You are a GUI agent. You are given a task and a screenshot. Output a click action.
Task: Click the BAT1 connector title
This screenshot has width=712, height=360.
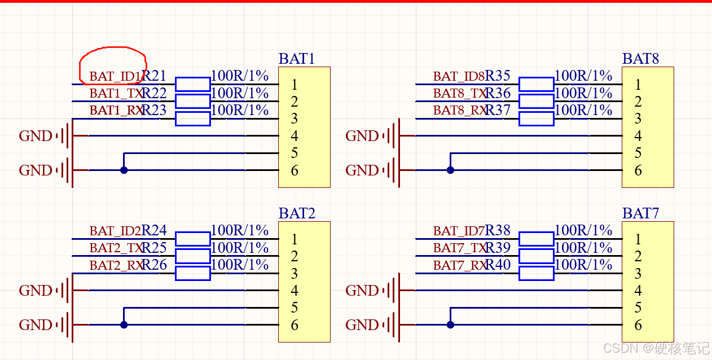(296, 59)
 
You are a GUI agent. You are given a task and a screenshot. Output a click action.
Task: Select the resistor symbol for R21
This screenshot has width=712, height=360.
(192, 84)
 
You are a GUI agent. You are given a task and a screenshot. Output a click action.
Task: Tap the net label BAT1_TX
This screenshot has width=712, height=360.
(116, 93)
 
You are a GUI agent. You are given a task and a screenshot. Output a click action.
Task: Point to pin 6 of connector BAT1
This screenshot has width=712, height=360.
(294, 170)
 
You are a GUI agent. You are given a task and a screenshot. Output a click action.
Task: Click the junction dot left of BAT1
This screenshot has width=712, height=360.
(124, 170)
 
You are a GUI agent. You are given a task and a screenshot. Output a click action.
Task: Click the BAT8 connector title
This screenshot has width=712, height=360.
(640, 59)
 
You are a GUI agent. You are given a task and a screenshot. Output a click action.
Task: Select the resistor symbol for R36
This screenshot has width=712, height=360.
(536, 101)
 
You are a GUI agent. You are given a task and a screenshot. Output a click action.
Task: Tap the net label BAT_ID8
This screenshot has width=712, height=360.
(459, 76)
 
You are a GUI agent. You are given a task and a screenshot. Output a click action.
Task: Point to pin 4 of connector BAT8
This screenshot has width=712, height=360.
(638, 136)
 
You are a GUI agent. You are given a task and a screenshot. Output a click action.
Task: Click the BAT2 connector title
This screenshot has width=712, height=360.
(296, 213)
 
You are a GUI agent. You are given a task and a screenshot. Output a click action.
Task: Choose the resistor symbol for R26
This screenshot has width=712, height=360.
(192, 273)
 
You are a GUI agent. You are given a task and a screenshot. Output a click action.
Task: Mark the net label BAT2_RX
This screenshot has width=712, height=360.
(116, 265)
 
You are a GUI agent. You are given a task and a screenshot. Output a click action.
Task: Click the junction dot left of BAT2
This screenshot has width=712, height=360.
(124, 324)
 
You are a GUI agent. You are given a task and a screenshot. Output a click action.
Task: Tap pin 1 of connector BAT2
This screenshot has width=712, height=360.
(294, 239)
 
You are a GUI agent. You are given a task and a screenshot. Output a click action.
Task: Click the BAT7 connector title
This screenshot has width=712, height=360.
(640, 213)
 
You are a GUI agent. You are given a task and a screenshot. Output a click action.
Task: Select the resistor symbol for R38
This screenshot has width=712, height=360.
(536, 239)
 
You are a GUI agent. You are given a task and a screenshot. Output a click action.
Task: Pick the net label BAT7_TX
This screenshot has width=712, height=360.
(459, 248)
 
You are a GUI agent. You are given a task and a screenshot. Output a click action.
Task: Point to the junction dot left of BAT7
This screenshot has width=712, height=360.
(450, 324)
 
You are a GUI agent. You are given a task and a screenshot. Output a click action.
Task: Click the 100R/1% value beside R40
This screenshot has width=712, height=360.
(583, 265)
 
